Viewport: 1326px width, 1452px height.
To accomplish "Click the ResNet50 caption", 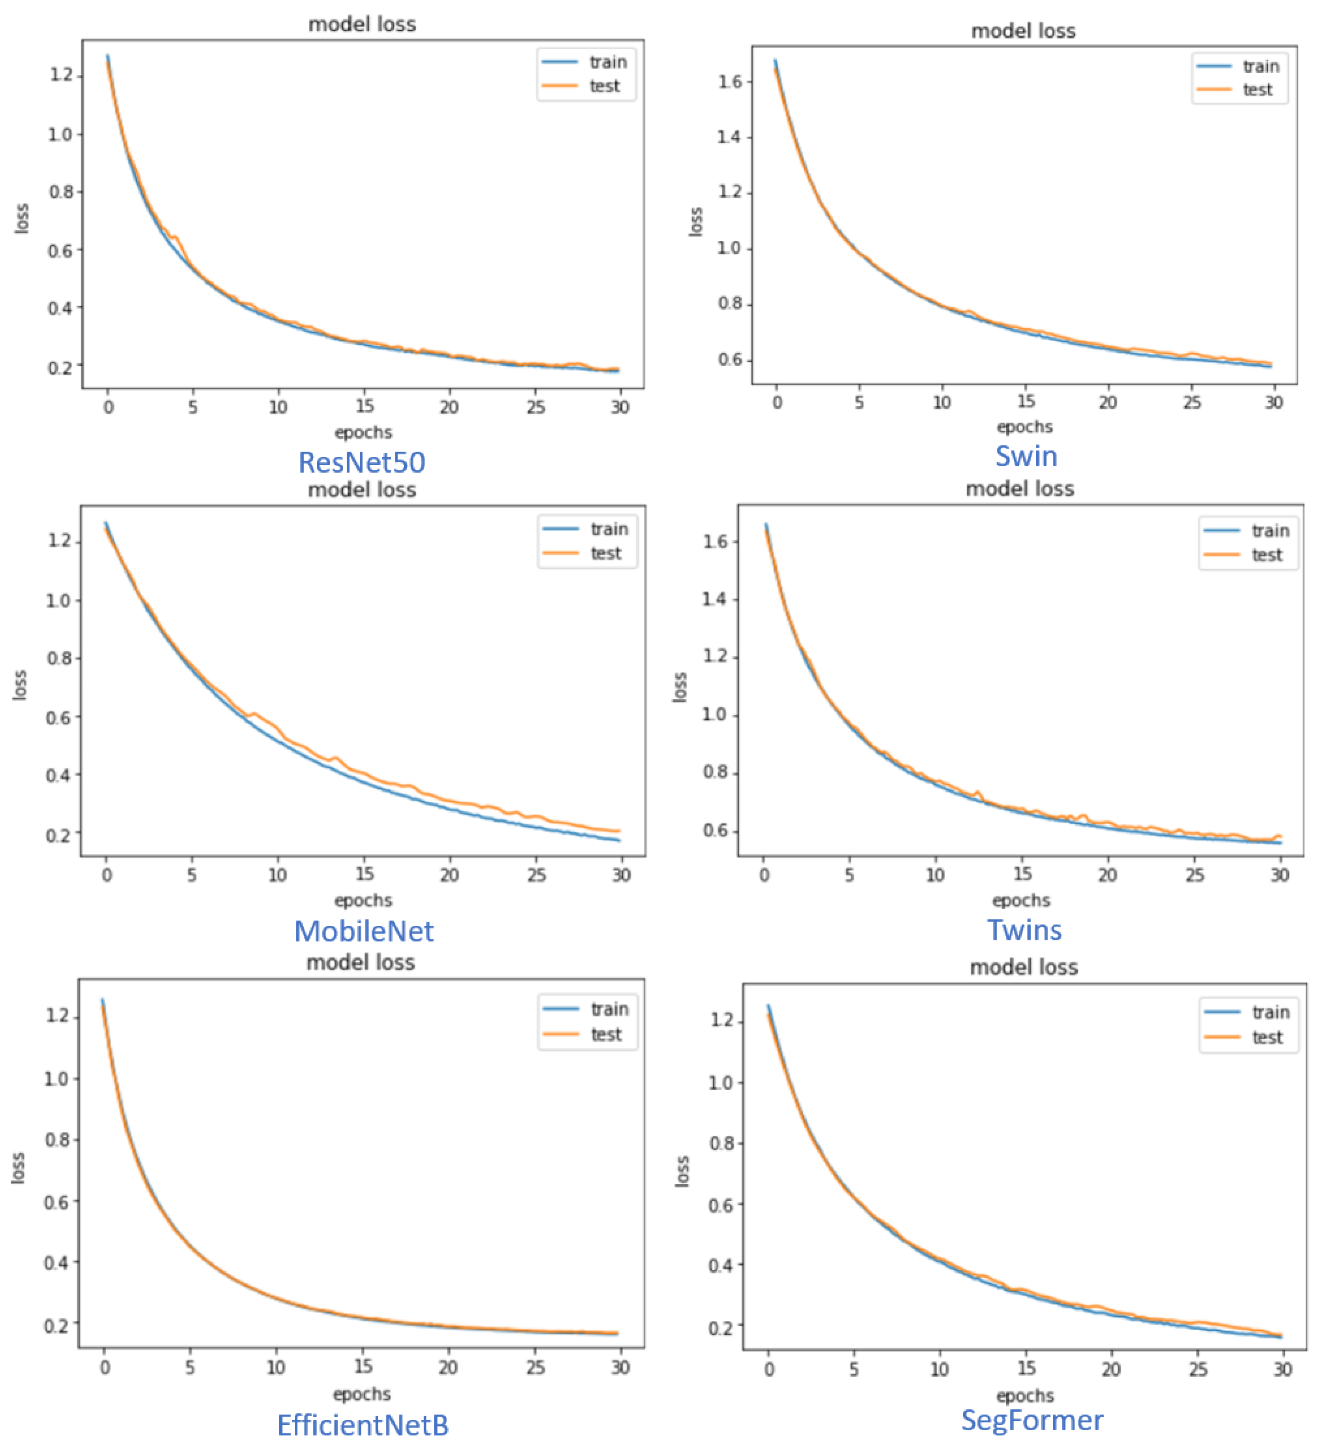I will click(362, 462).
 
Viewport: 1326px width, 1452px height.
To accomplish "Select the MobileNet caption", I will click(364, 931).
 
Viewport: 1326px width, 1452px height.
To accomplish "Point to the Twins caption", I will click(1023, 930).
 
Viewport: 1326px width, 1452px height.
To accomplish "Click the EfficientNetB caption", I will click(362, 1425).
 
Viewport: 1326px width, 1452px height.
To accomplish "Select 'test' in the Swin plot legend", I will click(1257, 90).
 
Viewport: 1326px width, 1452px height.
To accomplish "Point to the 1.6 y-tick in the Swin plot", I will click(729, 82).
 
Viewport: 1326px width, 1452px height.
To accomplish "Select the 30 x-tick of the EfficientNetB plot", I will click(620, 1367).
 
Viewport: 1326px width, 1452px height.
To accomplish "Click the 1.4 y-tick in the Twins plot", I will click(714, 599).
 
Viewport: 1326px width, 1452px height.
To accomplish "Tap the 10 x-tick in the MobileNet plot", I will click(277, 875).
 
